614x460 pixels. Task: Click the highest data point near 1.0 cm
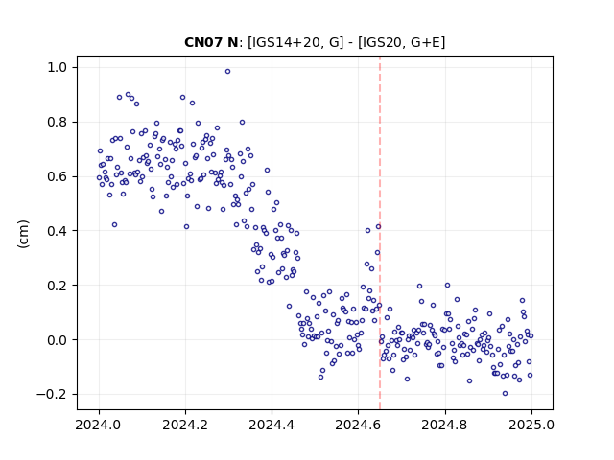(x=227, y=72)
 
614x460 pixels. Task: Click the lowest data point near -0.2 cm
(x=506, y=394)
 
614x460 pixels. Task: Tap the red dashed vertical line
(x=380, y=233)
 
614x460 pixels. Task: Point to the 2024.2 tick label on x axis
(x=185, y=425)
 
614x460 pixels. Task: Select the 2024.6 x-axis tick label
(x=358, y=425)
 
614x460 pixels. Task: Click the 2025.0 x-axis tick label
(x=531, y=425)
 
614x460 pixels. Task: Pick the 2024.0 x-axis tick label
(x=99, y=425)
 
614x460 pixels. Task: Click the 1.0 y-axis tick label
(x=58, y=68)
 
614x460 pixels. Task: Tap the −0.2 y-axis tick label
(x=52, y=394)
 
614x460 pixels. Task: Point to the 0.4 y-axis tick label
(x=58, y=231)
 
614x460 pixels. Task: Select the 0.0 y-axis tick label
(x=58, y=340)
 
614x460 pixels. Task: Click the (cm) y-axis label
(x=23, y=234)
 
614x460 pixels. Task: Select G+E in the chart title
(x=426, y=42)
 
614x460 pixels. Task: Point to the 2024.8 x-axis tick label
(x=444, y=425)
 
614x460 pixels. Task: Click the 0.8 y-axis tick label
(x=58, y=122)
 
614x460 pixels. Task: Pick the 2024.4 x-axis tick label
(x=272, y=425)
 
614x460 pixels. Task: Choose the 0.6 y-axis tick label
(x=58, y=176)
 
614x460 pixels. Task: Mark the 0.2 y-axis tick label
(x=58, y=286)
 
